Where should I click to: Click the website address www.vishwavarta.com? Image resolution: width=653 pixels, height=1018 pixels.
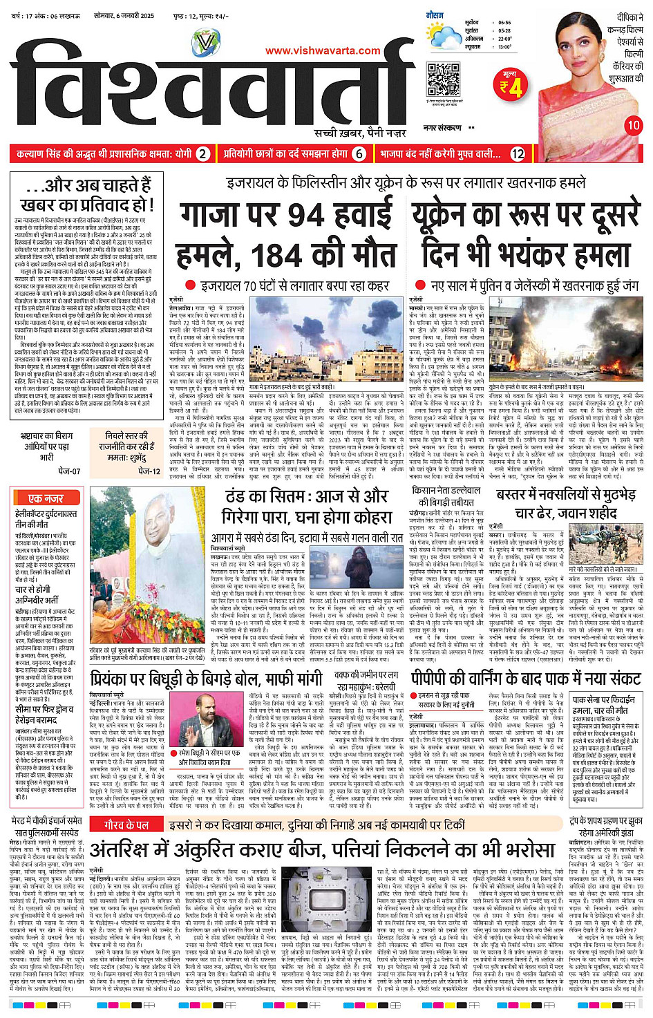[323, 50]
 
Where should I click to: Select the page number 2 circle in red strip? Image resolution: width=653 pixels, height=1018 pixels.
[202, 154]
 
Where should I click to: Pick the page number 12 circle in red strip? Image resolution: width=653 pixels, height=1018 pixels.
[518, 154]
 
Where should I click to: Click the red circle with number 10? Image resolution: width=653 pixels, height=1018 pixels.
[634, 125]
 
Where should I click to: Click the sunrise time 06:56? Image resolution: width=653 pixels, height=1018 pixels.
[504, 23]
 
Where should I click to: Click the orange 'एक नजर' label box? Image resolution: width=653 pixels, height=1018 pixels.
[46, 498]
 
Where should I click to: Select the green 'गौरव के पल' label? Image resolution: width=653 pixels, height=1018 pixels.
[126, 825]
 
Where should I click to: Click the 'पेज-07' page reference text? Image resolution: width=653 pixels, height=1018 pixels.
[69, 471]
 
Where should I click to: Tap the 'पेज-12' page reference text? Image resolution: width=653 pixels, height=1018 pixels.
[149, 471]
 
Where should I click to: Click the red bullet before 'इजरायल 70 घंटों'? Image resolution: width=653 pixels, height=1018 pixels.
[191, 285]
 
